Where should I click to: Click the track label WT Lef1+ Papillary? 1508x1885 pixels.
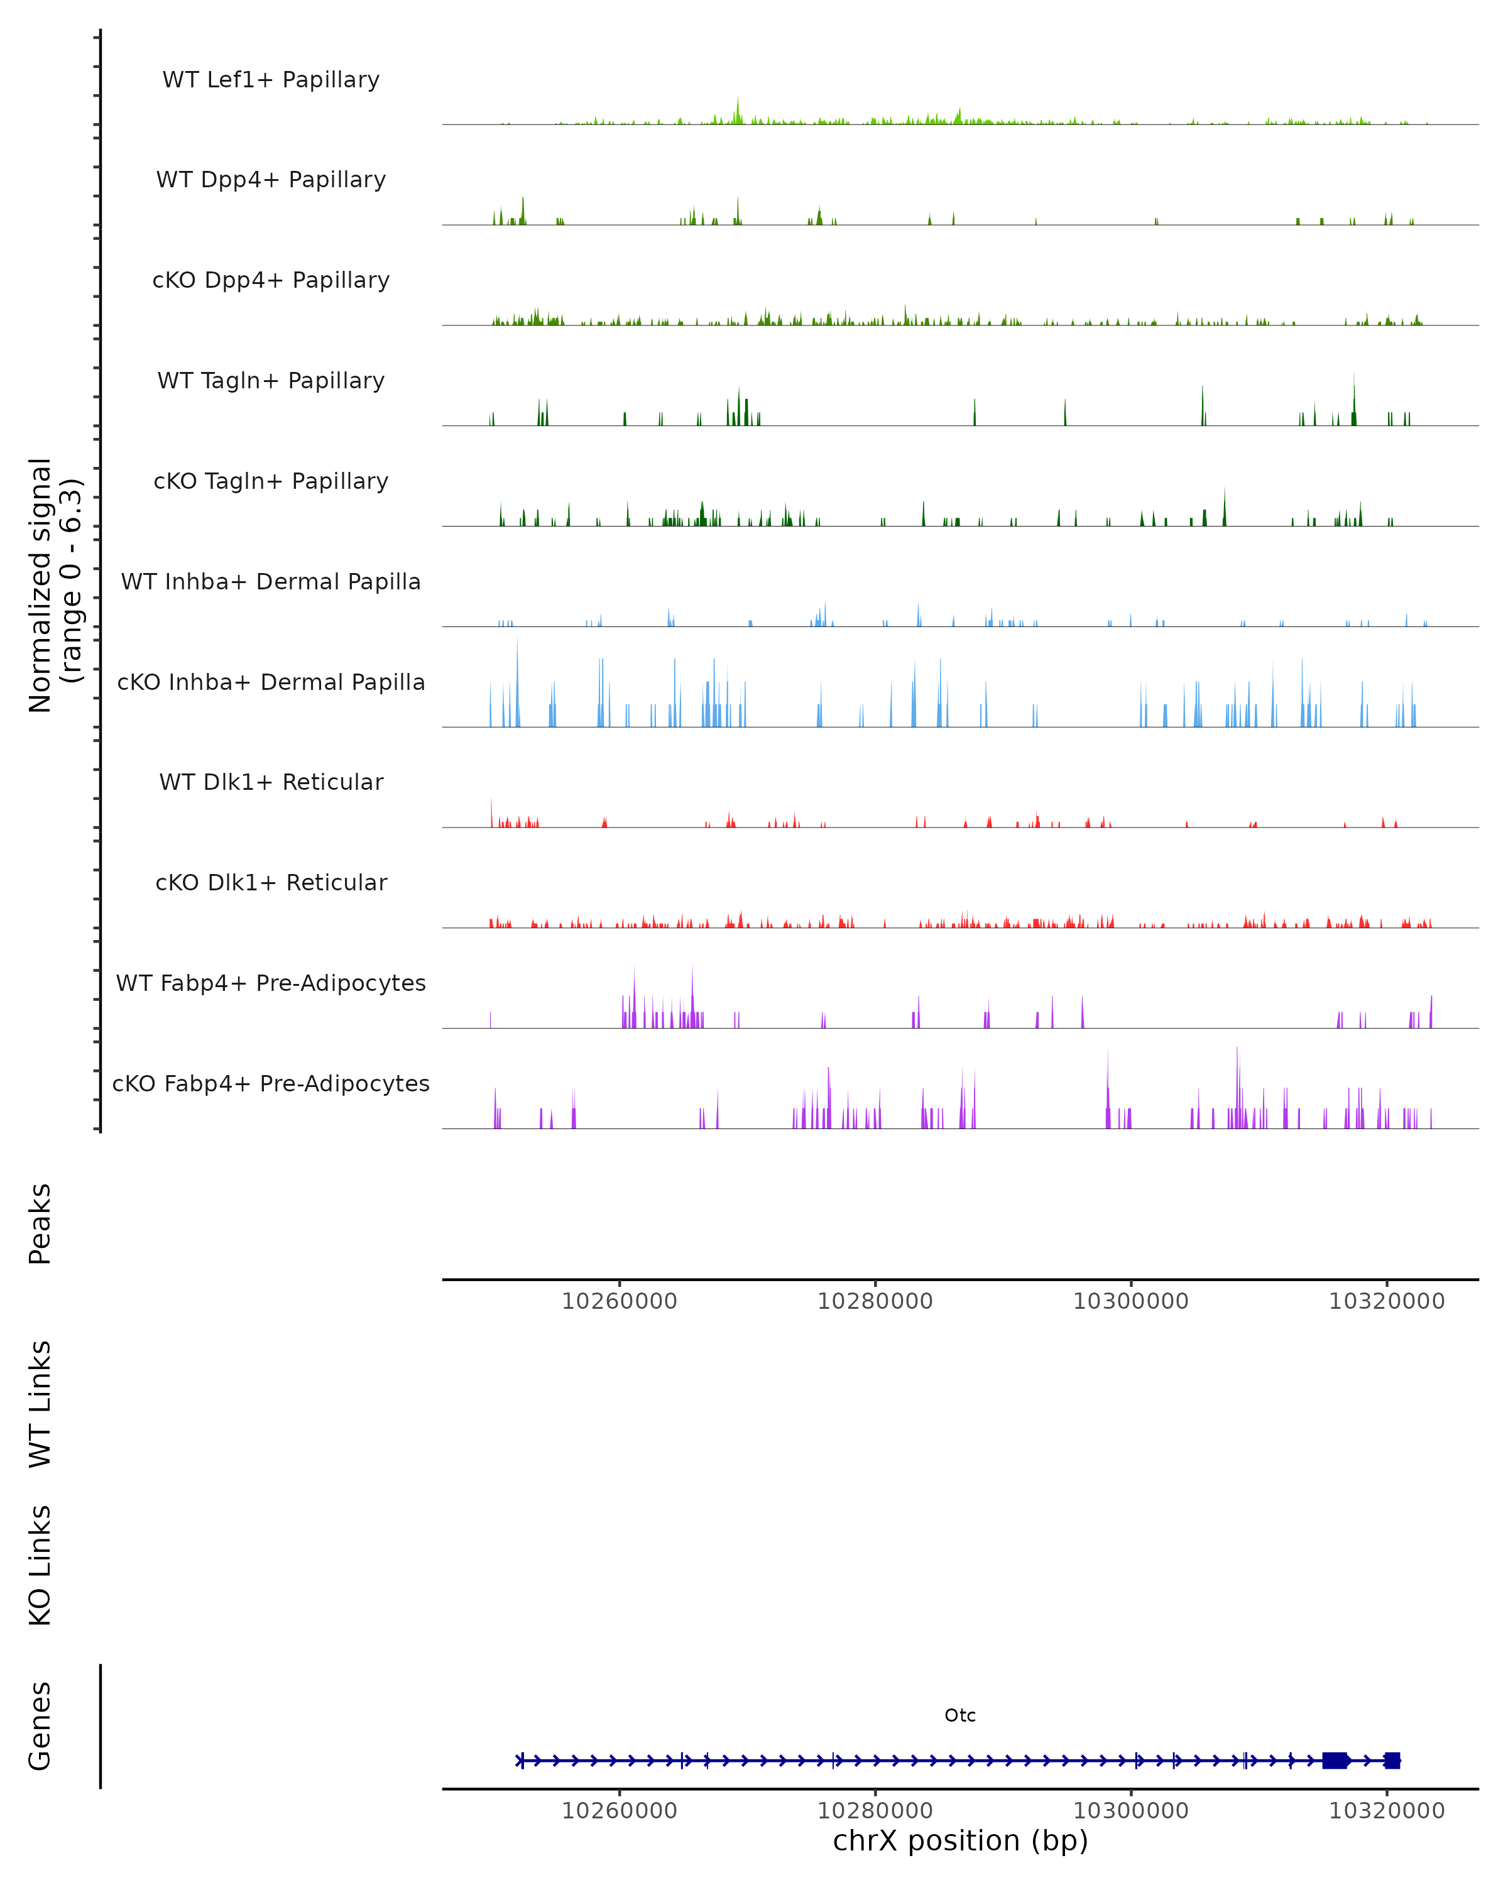point(271,80)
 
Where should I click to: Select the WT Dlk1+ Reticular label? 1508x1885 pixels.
point(271,782)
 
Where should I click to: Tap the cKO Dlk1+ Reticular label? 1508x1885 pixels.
point(271,882)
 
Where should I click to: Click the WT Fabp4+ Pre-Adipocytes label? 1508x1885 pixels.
point(271,983)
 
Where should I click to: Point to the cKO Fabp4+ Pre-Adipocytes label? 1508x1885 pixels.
point(271,1083)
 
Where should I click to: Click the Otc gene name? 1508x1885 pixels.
point(960,1715)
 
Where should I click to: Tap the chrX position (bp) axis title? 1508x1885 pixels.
point(960,1840)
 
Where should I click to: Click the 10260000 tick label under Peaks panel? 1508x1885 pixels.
point(619,1302)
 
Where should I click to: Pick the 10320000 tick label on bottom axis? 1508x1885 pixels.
point(1387,1811)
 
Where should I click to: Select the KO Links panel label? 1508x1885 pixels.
point(40,1565)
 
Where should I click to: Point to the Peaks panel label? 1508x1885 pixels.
point(40,1224)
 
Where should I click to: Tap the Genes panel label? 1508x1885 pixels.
point(40,1726)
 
